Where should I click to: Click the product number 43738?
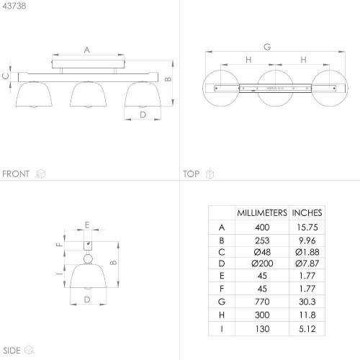(14, 6)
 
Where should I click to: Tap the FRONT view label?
(16, 174)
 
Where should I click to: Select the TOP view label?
(192, 174)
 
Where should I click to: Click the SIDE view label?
(12, 351)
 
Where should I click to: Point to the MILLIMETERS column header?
(262, 213)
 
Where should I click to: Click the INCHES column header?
(307, 213)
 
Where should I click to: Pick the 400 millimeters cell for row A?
(262, 228)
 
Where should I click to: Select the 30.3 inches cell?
(307, 302)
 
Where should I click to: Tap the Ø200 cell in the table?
(262, 264)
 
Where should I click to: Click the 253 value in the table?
(262, 240)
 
